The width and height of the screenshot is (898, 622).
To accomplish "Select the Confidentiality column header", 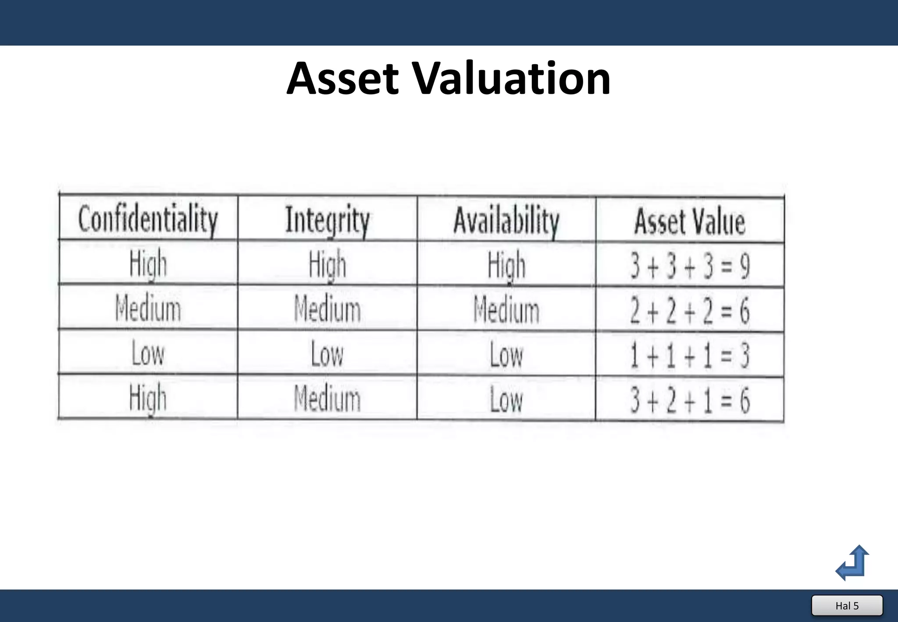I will pyautogui.click(x=148, y=219).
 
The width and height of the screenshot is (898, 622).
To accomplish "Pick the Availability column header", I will pyautogui.click(x=506, y=221).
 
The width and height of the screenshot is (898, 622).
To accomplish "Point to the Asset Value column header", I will pyautogui.click(x=690, y=222).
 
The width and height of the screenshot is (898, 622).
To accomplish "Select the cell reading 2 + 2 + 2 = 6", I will pyautogui.click(x=690, y=310).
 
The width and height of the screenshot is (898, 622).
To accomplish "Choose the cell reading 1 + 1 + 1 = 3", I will pyautogui.click(x=690, y=355).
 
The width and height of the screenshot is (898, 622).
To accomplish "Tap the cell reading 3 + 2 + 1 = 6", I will pyautogui.click(x=690, y=400).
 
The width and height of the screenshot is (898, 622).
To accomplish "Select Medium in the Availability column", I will pyautogui.click(x=506, y=310).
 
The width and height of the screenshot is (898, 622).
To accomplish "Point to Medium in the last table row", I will pyautogui.click(x=328, y=398).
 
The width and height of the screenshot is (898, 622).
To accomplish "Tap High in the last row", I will pyautogui.click(x=148, y=397).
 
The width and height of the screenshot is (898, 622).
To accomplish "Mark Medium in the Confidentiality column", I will pyautogui.click(x=148, y=308).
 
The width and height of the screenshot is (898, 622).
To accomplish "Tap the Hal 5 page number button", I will pyautogui.click(x=847, y=606).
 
